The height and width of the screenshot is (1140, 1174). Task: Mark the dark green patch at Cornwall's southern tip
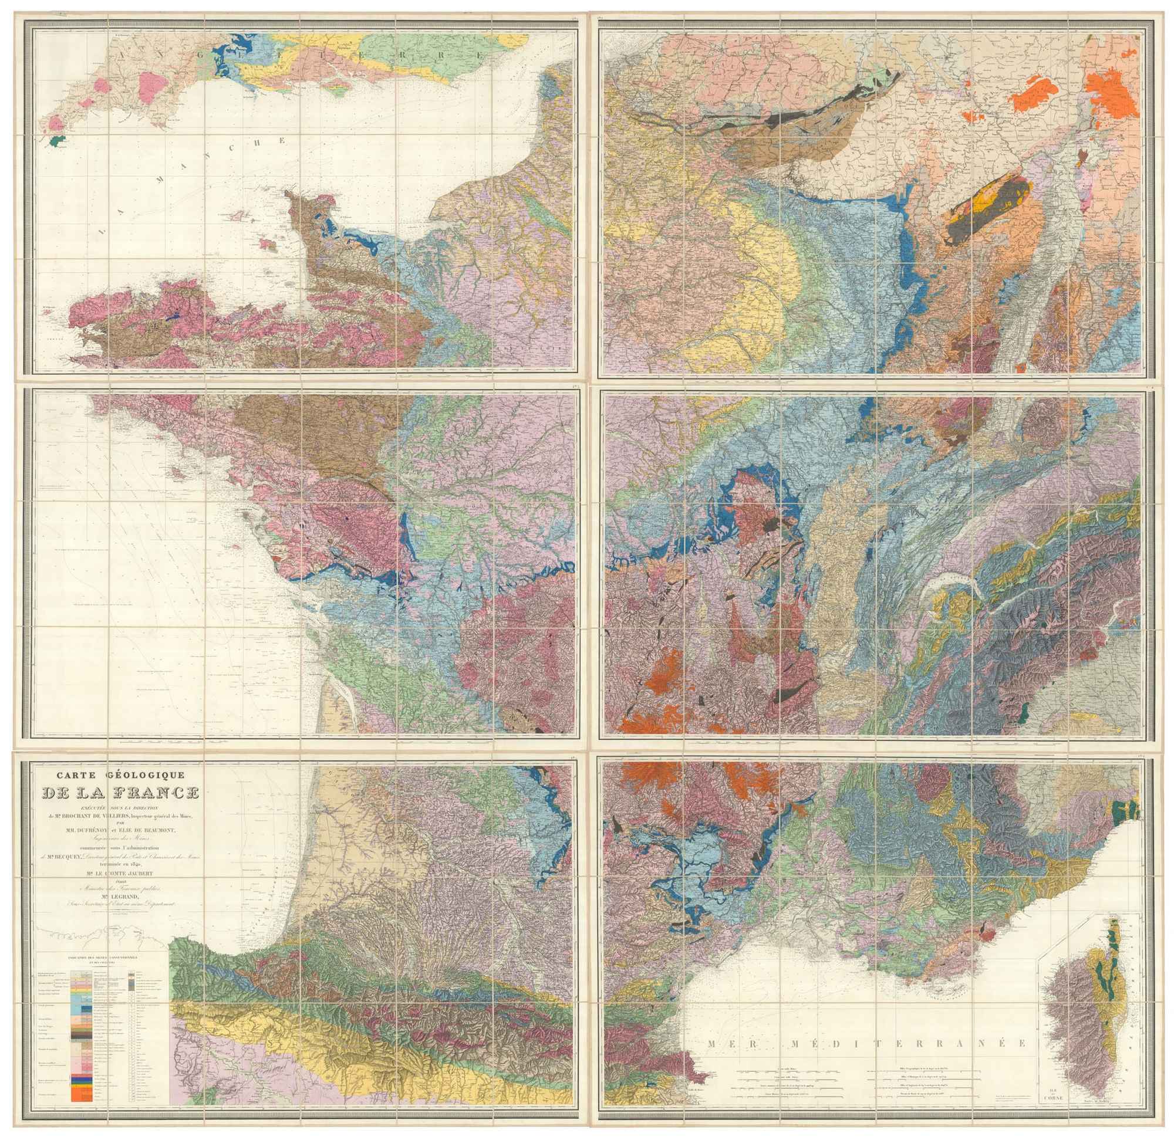click(58, 141)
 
